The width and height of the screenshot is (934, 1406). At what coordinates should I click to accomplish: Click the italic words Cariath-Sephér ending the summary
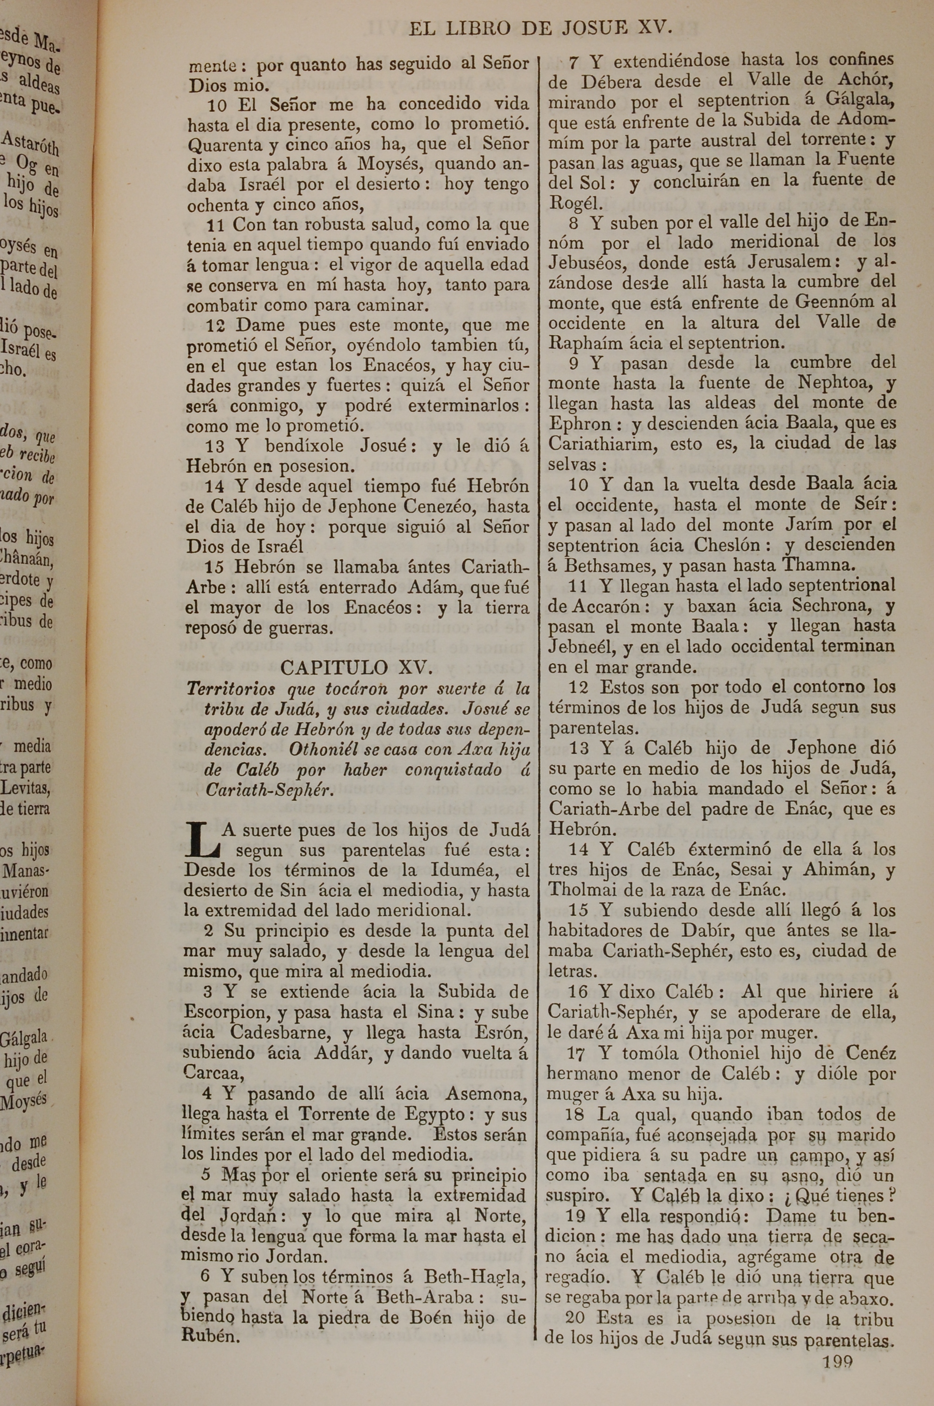pyautogui.click(x=268, y=790)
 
